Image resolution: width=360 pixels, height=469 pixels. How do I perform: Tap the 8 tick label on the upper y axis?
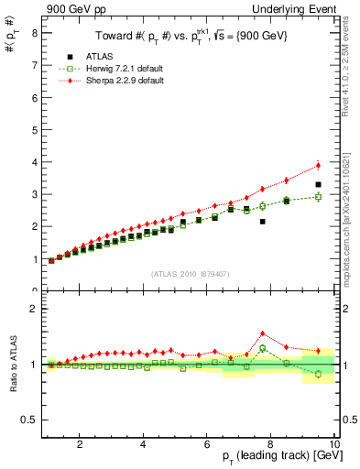point(34,32)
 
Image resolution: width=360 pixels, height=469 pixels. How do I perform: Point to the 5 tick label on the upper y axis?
point(34,129)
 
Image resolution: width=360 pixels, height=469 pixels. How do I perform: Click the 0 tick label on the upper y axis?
point(34,290)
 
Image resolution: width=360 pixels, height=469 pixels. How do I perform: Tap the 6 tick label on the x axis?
point(207,444)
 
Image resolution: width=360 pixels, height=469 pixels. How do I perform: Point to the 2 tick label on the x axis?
point(81,444)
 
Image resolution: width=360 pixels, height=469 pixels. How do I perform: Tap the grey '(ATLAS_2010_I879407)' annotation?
point(189,272)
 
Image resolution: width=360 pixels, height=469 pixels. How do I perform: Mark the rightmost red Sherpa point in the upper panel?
point(318,165)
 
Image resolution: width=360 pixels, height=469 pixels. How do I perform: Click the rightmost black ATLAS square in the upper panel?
point(318,184)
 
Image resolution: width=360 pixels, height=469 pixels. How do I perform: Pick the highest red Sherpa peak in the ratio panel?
point(262,333)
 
